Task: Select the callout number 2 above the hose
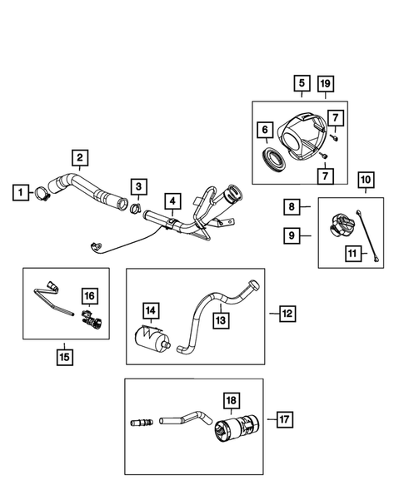pyautogui.click(x=80, y=156)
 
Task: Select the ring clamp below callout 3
pyautogui.click(x=136, y=204)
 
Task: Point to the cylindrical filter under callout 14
pyautogui.click(x=151, y=341)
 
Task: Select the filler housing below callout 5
pyautogui.click(x=304, y=135)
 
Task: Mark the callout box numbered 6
pyautogui.click(x=265, y=130)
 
